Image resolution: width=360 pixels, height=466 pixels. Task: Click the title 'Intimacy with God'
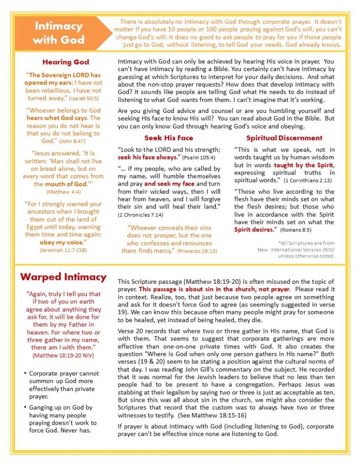tap(59, 33)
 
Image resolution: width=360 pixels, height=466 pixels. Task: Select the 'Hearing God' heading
tap(66, 62)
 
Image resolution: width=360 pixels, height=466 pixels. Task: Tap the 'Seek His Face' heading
tap(168, 138)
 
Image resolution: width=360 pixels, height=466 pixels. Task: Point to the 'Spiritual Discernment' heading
tap(284, 138)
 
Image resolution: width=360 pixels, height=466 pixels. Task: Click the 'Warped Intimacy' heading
tap(63, 277)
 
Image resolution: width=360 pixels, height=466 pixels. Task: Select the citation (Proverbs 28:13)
tap(197, 251)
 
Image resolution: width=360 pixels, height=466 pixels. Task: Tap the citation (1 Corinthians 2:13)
tap(309, 180)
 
